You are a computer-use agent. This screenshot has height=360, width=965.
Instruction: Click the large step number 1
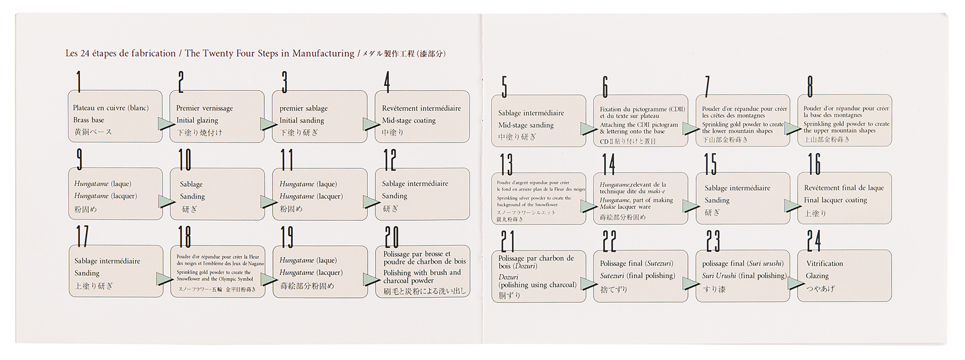[x=79, y=82]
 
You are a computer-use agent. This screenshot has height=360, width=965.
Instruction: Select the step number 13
[x=506, y=164]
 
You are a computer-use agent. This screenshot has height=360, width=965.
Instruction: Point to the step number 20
[x=391, y=237]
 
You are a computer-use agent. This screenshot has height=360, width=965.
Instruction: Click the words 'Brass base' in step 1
[x=89, y=120]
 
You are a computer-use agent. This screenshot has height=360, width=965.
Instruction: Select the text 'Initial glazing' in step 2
[x=197, y=121]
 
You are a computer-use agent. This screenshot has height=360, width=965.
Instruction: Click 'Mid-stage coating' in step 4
[x=409, y=121]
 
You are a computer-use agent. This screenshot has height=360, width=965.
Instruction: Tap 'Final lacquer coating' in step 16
[x=835, y=200]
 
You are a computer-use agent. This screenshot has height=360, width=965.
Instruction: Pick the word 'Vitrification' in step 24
[x=825, y=263]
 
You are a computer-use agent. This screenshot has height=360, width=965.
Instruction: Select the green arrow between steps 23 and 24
[x=796, y=283]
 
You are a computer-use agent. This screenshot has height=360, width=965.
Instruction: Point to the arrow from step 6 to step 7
[x=690, y=128]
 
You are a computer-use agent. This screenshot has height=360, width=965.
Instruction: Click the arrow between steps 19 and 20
[x=372, y=279]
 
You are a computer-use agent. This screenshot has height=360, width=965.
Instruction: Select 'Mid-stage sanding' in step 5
[x=526, y=125]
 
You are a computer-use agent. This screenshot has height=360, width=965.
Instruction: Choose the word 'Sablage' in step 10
[x=191, y=184]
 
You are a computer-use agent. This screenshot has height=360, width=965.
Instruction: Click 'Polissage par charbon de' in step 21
[x=536, y=258]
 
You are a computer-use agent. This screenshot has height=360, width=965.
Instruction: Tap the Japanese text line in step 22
[x=614, y=290]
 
